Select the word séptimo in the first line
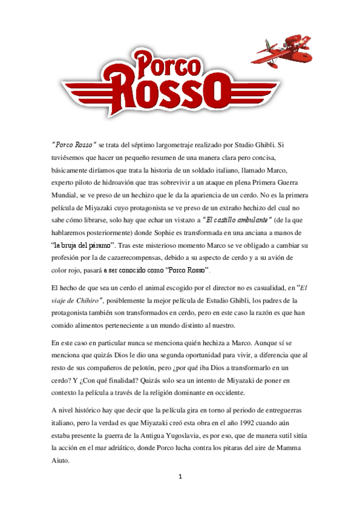[x=157, y=145]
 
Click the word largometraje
[x=198, y=145]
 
